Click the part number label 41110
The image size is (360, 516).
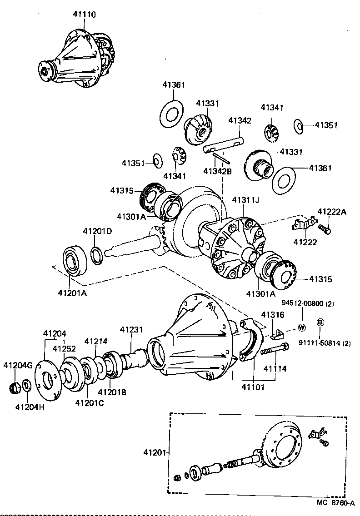[x=84, y=15]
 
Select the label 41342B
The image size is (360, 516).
[x=217, y=171]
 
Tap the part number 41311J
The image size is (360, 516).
[x=246, y=200]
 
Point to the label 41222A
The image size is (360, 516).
[x=331, y=211]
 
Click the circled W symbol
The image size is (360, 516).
[x=301, y=327]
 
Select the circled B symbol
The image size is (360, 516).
[x=320, y=322]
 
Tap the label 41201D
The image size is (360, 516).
[x=97, y=232]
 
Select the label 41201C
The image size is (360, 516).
[x=90, y=402]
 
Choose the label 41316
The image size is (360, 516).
[x=272, y=315]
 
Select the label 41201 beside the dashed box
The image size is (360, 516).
[x=153, y=452]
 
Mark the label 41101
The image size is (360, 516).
[x=253, y=387]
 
